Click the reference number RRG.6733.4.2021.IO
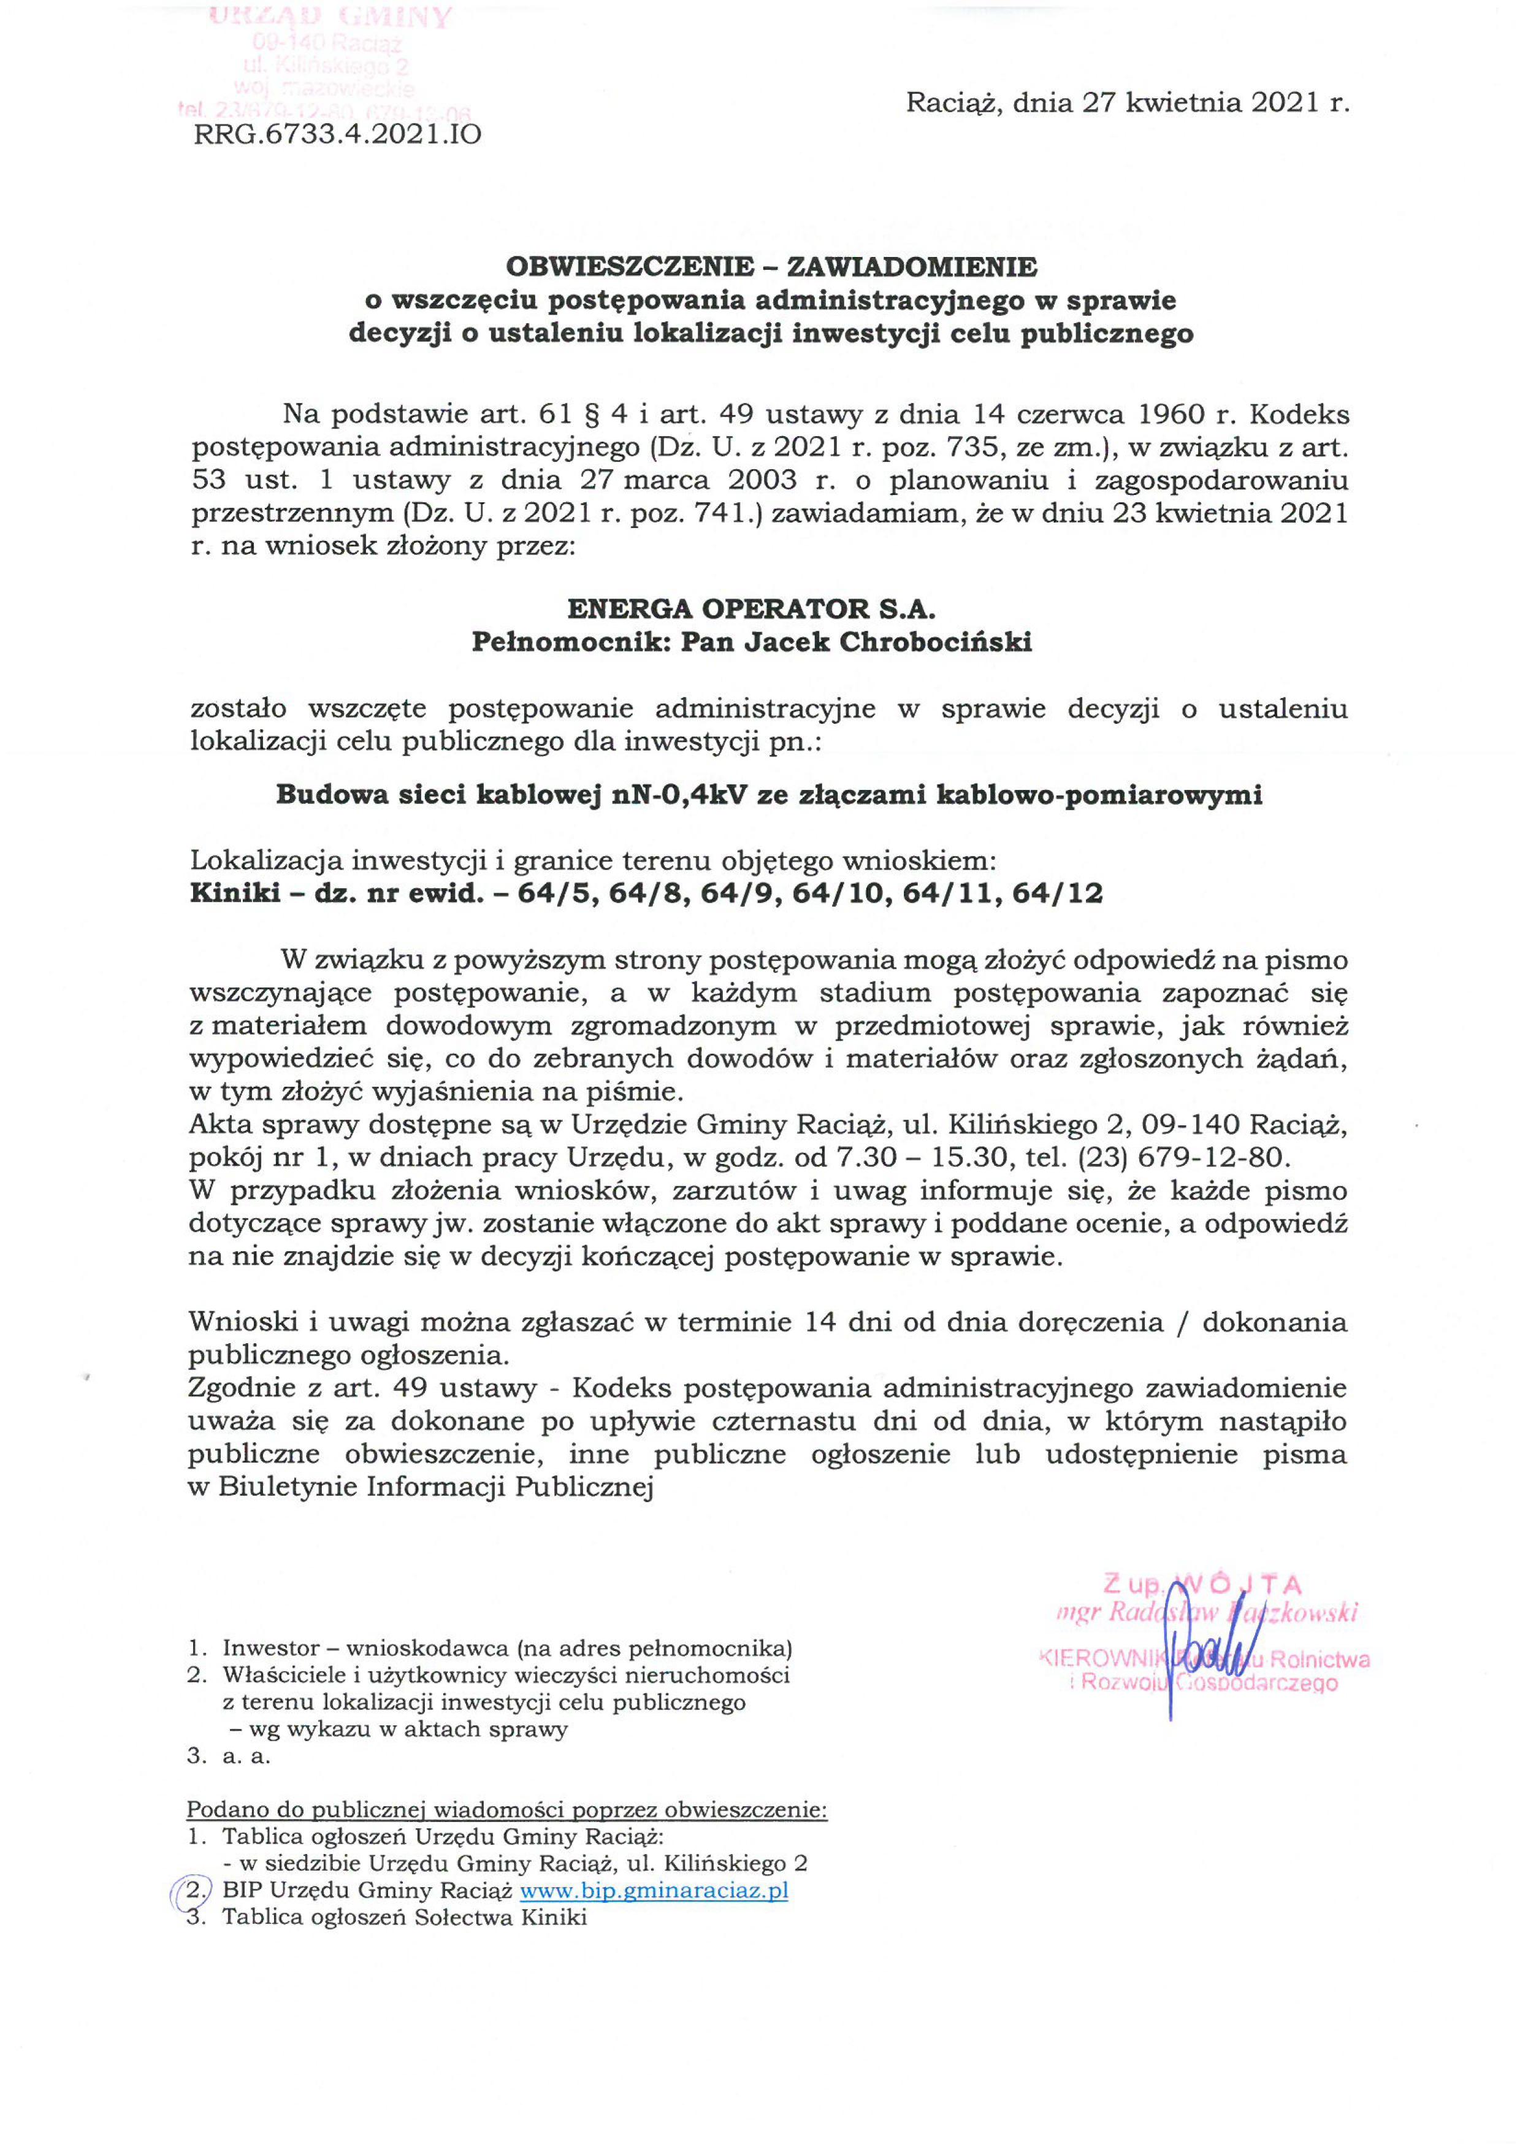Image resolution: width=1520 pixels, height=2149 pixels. (337, 135)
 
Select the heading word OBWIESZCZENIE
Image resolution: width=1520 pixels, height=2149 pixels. (630, 267)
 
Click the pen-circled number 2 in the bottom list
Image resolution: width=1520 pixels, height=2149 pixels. (194, 1890)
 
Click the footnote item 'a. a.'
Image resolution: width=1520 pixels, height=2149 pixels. (246, 1756)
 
